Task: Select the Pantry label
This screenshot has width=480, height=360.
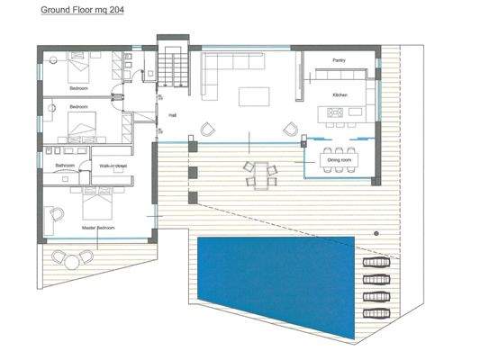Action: pyautogui.click(x=339, y=60)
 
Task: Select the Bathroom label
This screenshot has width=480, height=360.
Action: pyautogui.click(x=65, y=166)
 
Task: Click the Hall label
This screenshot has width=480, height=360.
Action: pyautogui.click(x=170, y=115)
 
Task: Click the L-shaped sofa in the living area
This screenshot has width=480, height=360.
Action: pyautogui.click(x=220, y=70)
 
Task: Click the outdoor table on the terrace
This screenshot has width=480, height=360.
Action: pyautogui.click(x=260, y=172)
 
